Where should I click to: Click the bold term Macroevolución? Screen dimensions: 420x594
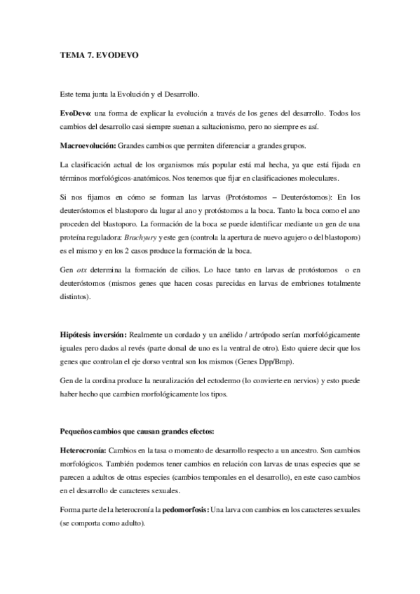pos(88,146)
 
